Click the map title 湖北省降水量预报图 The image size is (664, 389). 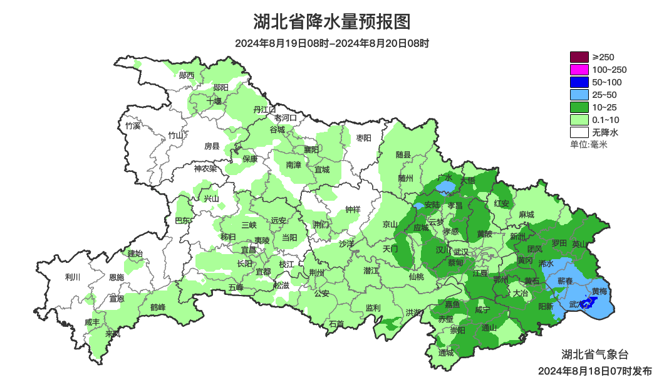pos(332,22)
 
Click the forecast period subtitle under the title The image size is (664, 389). pos(332,43)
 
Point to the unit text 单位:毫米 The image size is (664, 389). pos(589,144)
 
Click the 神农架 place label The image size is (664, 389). pos(205,168)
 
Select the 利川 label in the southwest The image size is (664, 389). pos(73,277)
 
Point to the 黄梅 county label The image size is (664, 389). pos(599,292)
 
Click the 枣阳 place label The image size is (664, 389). pos(363,137)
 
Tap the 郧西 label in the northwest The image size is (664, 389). pos(186,76)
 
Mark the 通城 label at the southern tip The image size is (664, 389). pos(446,353)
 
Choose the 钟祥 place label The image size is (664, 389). pos(353,210)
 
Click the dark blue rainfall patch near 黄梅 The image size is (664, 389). pos(588,304)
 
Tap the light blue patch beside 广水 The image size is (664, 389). pos(446,188)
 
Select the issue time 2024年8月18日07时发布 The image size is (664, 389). pos(594,371)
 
